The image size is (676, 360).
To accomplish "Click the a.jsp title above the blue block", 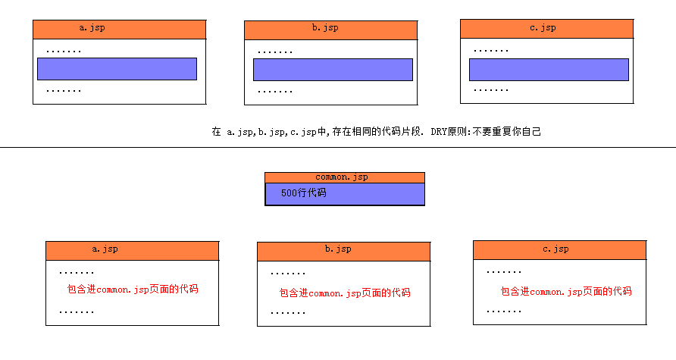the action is pos(93,28).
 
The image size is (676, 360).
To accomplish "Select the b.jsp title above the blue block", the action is pos(325,28).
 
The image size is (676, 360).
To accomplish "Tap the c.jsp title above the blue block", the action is pos(543,28).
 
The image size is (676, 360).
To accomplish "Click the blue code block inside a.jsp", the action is pos(117,69).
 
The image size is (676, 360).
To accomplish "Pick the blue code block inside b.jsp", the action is pos(333,70).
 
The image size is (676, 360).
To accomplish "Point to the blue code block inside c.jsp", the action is pos(549,70).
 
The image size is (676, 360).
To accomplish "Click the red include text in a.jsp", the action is pos(133,290).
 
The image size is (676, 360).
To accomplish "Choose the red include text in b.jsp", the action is pos(345,293).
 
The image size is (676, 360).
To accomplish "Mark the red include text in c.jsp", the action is pos(566,291).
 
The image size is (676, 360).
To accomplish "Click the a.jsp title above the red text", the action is pos(105,249).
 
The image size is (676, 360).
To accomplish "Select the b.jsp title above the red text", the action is pos(338,249).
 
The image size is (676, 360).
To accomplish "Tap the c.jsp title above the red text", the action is pos(556,249).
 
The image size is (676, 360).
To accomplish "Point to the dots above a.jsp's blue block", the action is pos(64,51).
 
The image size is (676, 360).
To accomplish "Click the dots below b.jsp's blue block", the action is pos(275,91).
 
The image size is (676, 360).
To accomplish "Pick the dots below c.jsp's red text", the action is pos(504,311).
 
